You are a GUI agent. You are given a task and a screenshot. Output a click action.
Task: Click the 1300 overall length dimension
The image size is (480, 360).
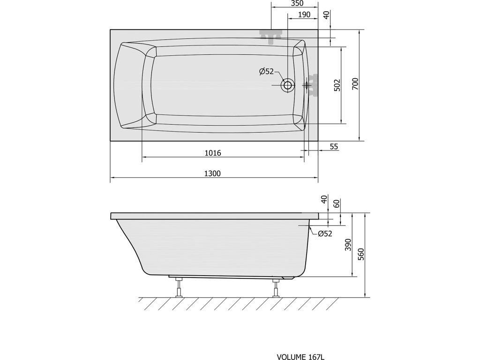(x=212, y=173)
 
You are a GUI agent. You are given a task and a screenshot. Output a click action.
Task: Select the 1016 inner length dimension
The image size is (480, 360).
(x=213, y=153)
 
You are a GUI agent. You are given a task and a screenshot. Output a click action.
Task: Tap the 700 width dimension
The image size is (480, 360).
(x=355, y=83)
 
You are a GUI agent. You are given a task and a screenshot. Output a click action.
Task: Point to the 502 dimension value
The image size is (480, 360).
(x=337, y=86)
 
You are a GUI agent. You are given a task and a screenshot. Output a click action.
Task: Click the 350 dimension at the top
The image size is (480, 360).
(x=297, y=3)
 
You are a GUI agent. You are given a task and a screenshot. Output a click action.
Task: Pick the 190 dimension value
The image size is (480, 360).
(x=304, y=15)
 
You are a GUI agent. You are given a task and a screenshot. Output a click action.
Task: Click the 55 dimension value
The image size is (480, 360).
(x=334, y=147)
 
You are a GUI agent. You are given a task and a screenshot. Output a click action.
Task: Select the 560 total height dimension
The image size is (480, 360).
(x=361, y=254)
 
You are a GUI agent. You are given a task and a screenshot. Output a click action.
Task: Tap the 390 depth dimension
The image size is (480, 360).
(x=348, y=245)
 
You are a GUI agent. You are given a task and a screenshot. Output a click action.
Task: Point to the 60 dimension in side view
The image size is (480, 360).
(x=337, y=203)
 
